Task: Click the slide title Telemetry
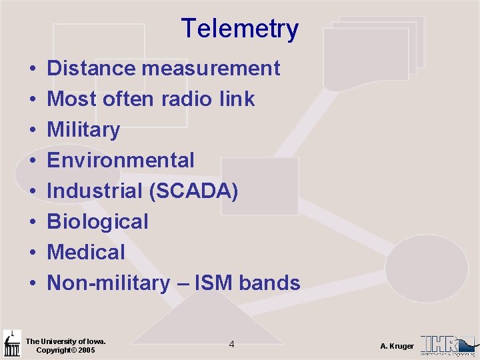[239, 29]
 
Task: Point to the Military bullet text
[83, 129]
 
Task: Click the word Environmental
[121, 160]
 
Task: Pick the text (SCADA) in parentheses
[194, 191]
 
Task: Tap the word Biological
[97, 221]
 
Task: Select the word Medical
[86, 252]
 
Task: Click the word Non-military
[109, 283]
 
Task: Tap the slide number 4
[231, 344]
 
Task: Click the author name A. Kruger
[397, 346]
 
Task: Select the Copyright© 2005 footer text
[65, 350]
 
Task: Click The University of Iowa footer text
[65, 341]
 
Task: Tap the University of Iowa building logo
[12, 344]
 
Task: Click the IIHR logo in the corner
[448, 345]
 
